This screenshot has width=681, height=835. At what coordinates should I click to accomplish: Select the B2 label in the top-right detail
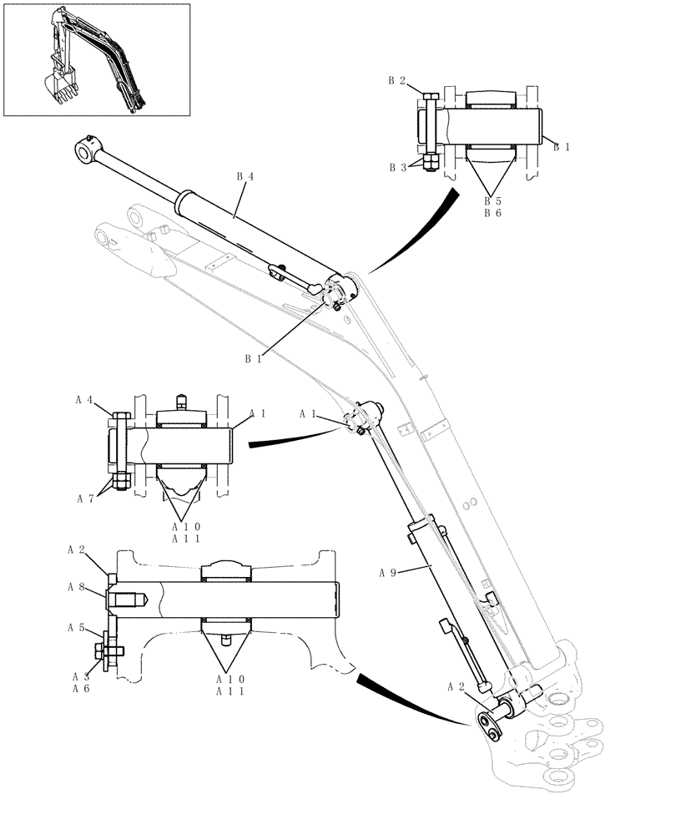396,81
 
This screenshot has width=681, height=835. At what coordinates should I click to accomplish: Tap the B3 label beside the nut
396,167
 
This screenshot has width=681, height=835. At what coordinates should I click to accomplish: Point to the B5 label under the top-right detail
493,201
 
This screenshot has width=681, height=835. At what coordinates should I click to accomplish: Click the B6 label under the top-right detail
493,214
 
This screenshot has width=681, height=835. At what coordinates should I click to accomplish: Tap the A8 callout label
76,587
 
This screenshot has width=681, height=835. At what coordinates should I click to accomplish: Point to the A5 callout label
76,626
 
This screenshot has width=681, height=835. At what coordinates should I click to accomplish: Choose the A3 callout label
80,676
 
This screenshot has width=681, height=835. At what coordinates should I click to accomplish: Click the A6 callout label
80,689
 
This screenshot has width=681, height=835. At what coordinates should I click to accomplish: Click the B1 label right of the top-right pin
562,146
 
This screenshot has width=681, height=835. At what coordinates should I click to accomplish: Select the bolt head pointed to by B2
429,98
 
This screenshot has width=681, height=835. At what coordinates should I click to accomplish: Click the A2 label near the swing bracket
457,686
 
